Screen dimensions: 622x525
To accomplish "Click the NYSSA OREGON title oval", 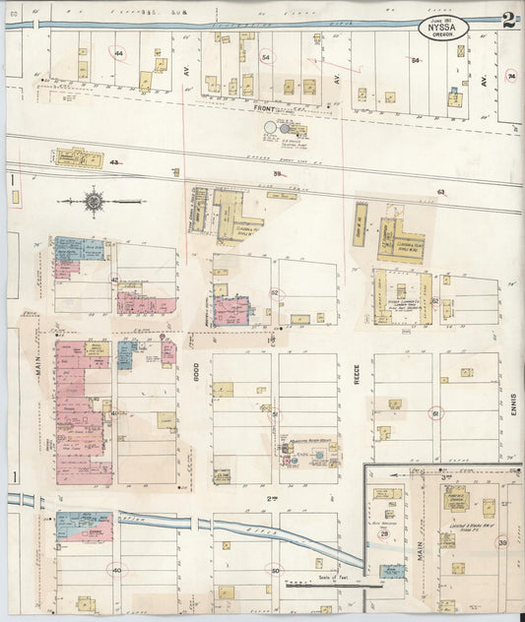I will click(445, 28).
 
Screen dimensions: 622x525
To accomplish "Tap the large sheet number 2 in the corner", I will click(508, 20).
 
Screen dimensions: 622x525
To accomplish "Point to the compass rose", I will click(94, 201).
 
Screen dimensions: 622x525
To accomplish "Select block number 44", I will click(120, 52).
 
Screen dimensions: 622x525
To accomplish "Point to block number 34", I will click(510, 75).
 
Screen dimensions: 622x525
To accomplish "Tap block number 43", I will click(114, 162).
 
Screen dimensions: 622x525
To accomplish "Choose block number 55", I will click(277, 174).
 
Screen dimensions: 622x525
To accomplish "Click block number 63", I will click(441, 191).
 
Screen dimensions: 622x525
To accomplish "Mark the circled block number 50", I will click(277, 569).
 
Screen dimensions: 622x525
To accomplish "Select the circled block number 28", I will click(384, 534).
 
